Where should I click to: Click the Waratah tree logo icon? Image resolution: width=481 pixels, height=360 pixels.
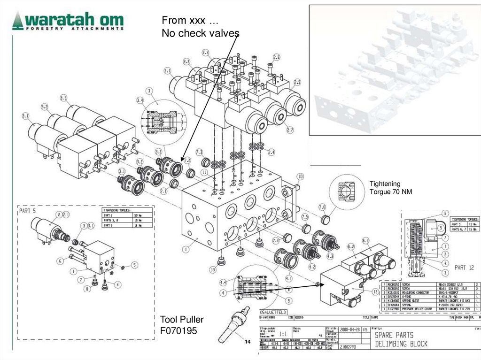point(18,21)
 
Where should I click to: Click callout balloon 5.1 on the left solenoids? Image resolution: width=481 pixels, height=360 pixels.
point(25,115)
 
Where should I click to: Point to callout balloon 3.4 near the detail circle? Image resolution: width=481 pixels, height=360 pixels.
point(140,100)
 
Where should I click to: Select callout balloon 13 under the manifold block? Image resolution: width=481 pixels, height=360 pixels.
point(213,269)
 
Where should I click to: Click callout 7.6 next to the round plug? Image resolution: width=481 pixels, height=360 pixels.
point(322,207)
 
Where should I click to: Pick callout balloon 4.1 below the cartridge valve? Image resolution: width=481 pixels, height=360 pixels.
point(288,278)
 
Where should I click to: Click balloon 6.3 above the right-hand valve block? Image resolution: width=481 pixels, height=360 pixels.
point(366,241)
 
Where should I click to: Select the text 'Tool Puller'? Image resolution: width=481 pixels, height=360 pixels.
point(182,320)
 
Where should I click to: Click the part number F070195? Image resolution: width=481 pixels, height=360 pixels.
point(179,330)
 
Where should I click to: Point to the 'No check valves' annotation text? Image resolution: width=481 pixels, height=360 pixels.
point(201,33)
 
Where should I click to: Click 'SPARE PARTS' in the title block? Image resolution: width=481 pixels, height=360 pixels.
point(394,335)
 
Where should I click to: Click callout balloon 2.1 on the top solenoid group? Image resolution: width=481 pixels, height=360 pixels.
point(168,71)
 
